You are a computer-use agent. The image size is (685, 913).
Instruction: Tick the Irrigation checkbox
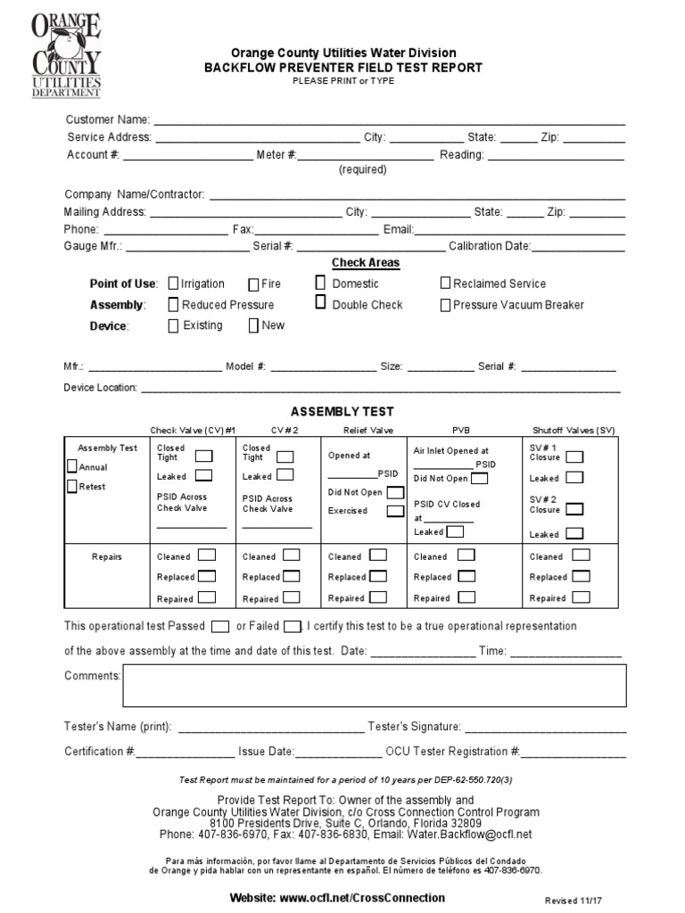click(x=173, y=284)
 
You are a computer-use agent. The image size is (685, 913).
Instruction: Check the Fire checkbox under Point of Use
click(x=253, y=284)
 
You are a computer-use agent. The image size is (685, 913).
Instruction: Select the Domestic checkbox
click(x=320, y=283)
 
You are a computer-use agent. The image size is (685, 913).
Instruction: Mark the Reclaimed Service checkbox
click(x=446, y=284)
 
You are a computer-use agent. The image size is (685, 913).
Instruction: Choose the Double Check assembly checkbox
click(x=320, y=303)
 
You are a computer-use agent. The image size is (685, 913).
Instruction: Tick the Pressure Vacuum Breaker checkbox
click(x=446, y=305)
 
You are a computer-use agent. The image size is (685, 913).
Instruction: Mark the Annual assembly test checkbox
click(x=72, y=466)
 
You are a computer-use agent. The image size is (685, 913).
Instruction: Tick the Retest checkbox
click(x=72, y=486)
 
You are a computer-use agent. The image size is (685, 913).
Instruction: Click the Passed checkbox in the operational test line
click(x=221, y=626)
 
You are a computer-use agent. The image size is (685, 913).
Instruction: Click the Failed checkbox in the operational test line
click(x=293, y=626)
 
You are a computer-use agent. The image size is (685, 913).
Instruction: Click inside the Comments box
click(x=374, y=685)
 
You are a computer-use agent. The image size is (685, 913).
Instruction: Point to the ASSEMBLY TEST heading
click(x=342, y=412)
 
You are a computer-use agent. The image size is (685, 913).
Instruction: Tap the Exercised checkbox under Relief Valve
click(x=394, y=511)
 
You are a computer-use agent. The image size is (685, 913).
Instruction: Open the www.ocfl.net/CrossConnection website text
click(x=337, y=897)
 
